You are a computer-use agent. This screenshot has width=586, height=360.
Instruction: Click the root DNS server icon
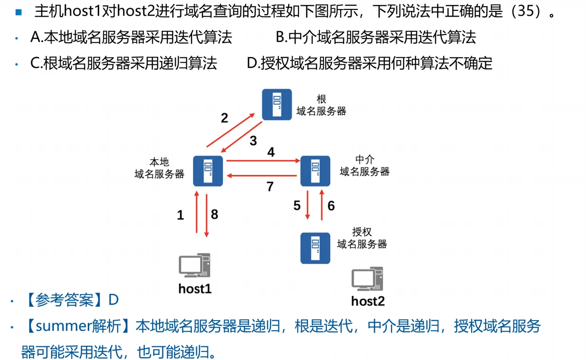click(x=277, y=104)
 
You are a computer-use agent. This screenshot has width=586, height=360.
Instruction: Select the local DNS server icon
click(x=208, y=171)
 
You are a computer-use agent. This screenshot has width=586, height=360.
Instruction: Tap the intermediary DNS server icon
click(x=315, y=171)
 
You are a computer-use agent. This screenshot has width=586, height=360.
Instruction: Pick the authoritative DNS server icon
click(x=315, y=248)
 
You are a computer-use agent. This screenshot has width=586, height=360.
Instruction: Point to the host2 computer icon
click(x=367, y=279)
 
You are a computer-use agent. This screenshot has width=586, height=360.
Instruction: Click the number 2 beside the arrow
click(x=224, y=118)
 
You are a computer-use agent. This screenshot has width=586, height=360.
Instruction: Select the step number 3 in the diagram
click(x=253, y=141)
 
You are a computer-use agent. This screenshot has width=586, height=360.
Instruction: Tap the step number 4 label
click(x=271, y=152)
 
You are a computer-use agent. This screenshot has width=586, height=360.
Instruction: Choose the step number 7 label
click(x=270, y=187)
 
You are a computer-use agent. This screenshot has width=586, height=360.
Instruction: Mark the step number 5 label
click(x=297, y=205)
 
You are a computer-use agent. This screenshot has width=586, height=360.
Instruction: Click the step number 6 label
click(x=331, y=205)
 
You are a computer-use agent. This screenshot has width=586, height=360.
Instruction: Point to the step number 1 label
click(x=180, y=215)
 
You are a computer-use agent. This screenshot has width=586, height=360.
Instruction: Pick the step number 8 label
click(x=214, y=214)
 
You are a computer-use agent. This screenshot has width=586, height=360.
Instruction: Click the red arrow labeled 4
click(x=263, y=161)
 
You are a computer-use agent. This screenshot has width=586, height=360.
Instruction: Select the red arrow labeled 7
click(x=263, y=176)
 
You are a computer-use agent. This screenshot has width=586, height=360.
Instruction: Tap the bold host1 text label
click(x=195, y=288)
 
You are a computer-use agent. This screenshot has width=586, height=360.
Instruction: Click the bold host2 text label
click(x=368, y=301)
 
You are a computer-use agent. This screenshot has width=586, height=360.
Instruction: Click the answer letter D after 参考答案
click(x=113, y=300)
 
